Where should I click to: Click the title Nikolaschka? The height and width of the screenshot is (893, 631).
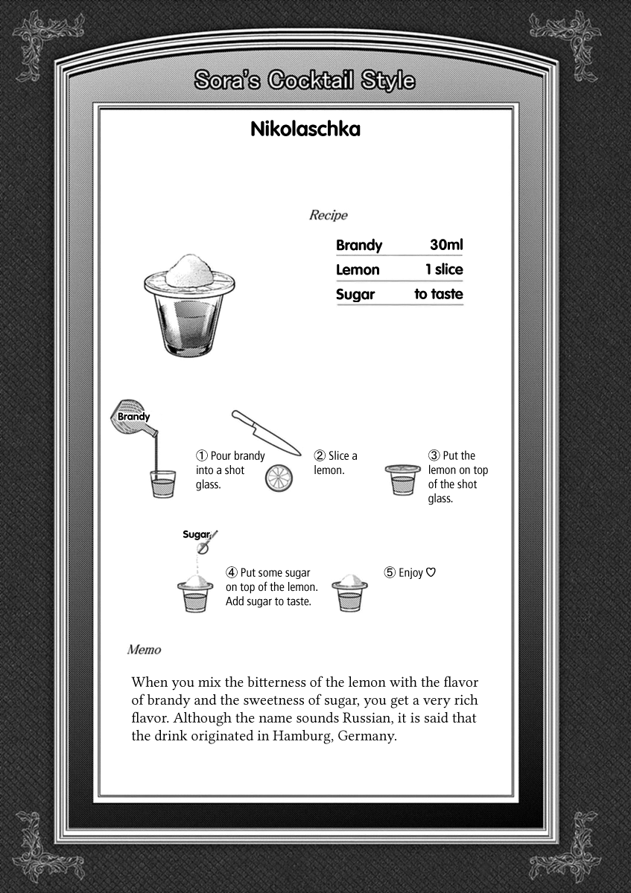305,129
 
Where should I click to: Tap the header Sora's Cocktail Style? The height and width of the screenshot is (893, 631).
304,80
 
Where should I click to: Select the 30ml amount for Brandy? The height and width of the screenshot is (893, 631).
446,245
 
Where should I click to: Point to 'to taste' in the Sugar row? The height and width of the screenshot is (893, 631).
438,294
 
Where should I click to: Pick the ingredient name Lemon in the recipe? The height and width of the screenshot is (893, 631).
358,269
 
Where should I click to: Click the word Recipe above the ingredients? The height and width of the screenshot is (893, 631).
328,215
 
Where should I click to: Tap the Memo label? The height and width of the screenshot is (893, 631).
144,650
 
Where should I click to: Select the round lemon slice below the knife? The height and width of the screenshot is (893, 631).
279,478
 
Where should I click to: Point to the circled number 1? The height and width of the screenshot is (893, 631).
201,456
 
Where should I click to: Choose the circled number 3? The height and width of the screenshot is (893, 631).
434,456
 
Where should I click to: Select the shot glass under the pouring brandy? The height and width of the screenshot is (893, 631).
162,484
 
